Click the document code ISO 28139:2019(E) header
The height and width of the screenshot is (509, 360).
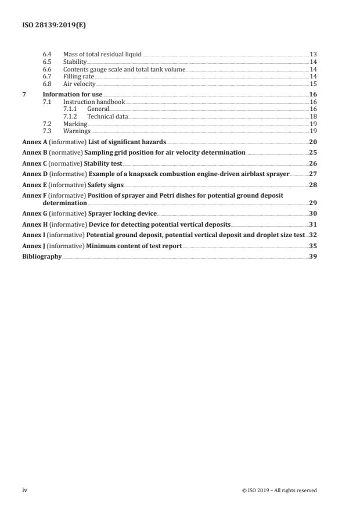[47, 26]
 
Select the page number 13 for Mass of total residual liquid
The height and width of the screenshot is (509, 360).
[313, 54]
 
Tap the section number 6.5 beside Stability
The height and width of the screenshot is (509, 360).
[48, 62]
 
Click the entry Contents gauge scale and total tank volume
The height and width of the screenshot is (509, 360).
[124, 69]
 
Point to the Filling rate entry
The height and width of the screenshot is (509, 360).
[78, 77]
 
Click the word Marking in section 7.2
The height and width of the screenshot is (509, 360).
[75, 124]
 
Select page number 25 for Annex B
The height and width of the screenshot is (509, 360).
[312, 153]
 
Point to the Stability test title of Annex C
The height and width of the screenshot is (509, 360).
[105, 164]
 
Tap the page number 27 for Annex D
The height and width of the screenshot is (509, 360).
[312, 174]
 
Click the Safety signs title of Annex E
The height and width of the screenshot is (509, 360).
[106, 185]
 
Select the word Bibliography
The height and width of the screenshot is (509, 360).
[42, 256]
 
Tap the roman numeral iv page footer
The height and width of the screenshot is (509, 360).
[25, 490]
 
